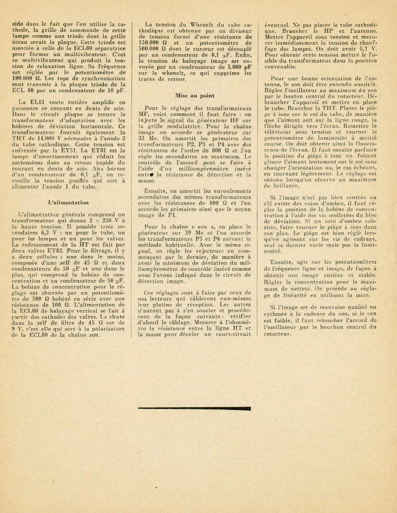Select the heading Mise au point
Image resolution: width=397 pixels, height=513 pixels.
pos(194,95)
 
